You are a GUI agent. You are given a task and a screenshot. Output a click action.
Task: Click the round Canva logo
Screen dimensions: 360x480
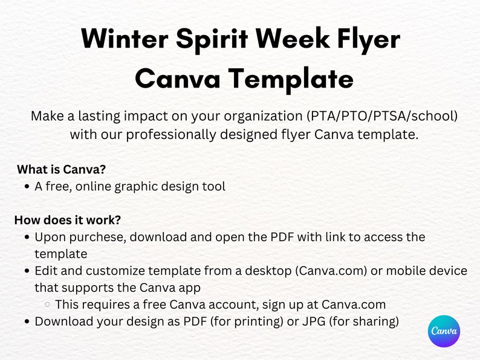(444, 331)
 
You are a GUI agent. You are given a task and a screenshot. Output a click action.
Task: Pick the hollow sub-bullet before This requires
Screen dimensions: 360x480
(47, 305)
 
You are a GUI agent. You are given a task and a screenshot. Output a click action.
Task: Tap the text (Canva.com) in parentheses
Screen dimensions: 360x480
(331, 271)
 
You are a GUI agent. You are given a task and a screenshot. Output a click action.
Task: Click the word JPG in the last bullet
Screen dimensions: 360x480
(302, 321)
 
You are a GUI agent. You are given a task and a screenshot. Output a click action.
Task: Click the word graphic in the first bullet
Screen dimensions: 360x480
(142, 187)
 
